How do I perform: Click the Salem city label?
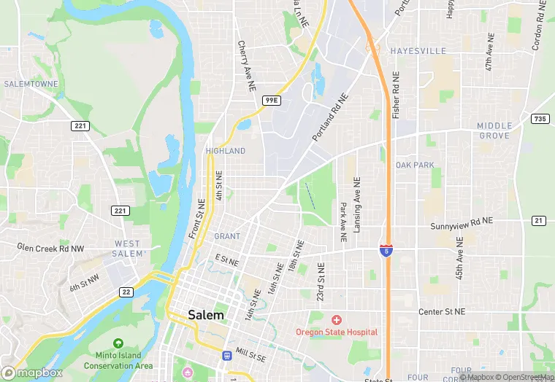point(205,315)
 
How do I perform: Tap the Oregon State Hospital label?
point(337,332)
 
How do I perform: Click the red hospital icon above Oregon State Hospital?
point(337,319)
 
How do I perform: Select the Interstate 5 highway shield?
point(385,251)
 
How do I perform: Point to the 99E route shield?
point(271,100)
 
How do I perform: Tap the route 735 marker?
point(540,118)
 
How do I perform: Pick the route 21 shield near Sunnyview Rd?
point(539,220)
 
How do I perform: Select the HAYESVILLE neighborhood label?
point(418,51)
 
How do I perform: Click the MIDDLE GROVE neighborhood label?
point(494,131)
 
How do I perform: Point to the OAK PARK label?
point(415,165)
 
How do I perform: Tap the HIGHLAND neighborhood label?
point(226,151)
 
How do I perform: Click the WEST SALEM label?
point(127,249)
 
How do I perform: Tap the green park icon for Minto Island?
point(118,343)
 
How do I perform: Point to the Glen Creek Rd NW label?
point(50,248)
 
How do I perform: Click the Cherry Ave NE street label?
point(246,65)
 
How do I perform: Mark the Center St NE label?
point(441,312)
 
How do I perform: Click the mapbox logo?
point(32,373)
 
